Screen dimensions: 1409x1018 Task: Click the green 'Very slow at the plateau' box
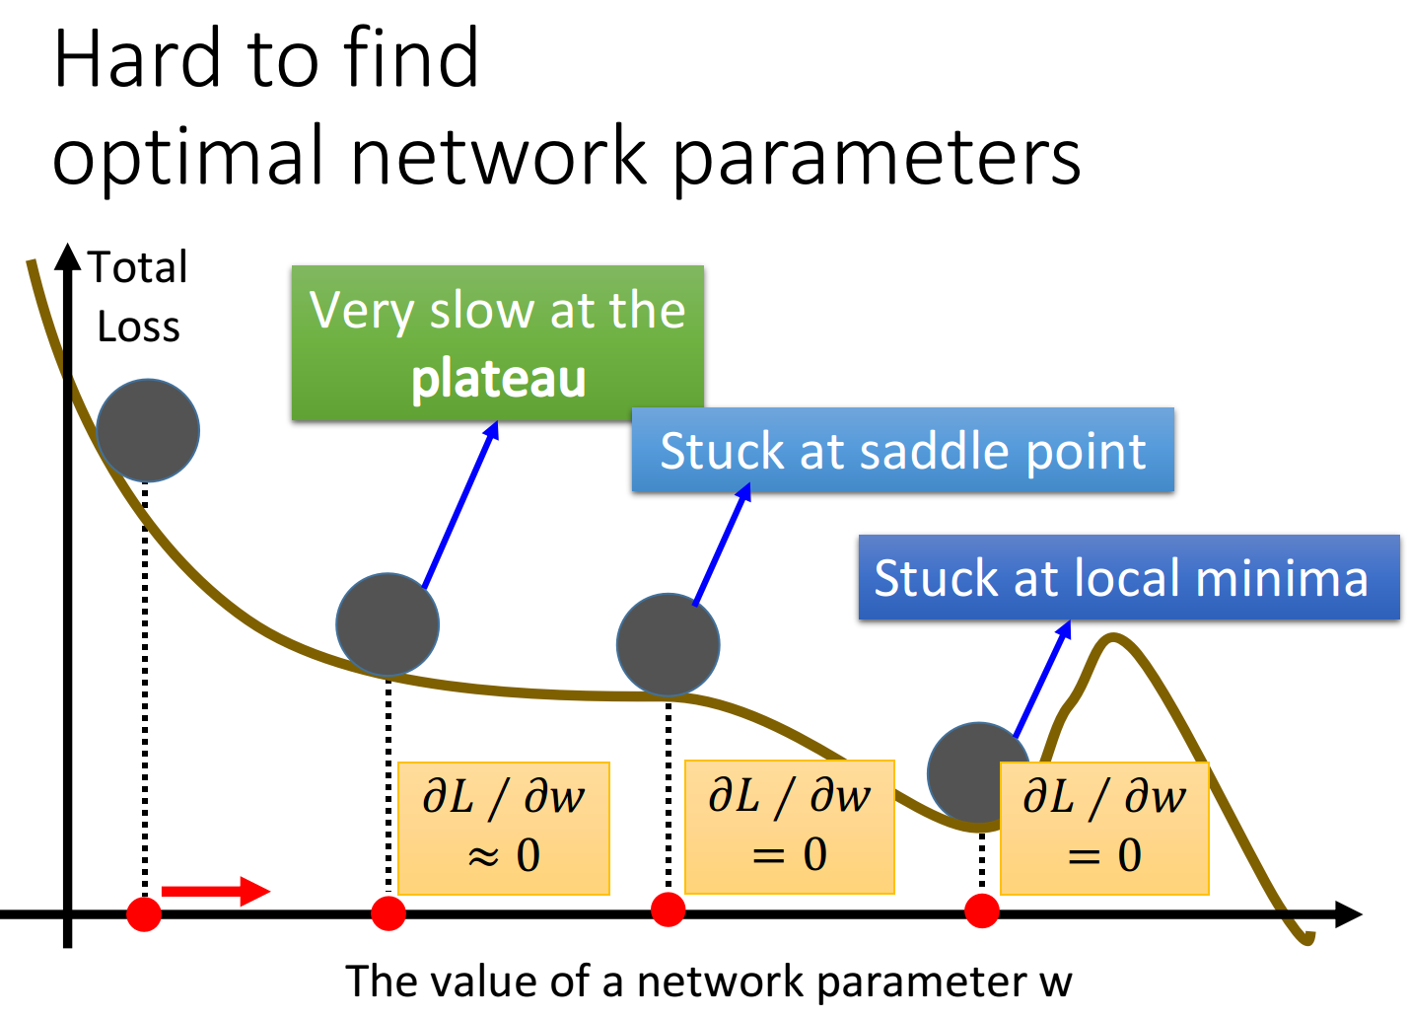point(498,343)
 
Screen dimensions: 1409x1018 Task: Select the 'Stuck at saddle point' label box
point(902,449)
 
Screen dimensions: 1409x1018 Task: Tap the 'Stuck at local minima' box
point(1129,577)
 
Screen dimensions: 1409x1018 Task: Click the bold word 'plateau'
point(498,378)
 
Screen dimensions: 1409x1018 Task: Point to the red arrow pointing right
point(216,891)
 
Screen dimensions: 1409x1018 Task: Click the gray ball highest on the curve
point(148,430)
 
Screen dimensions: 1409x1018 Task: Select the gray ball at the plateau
point(387,624)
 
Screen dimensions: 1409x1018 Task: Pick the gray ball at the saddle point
point(668,644)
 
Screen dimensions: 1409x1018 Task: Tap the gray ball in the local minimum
point(979,773)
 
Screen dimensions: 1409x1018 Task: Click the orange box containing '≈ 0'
point(504,828)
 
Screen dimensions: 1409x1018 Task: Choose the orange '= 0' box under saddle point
point(790,827)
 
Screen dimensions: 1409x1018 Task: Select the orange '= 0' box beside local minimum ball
point(1104,828)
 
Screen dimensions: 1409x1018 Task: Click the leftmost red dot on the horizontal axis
point(144,913)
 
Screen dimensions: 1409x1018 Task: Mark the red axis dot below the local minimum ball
point(982,910)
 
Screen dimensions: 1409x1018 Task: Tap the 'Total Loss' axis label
point(138,296)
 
